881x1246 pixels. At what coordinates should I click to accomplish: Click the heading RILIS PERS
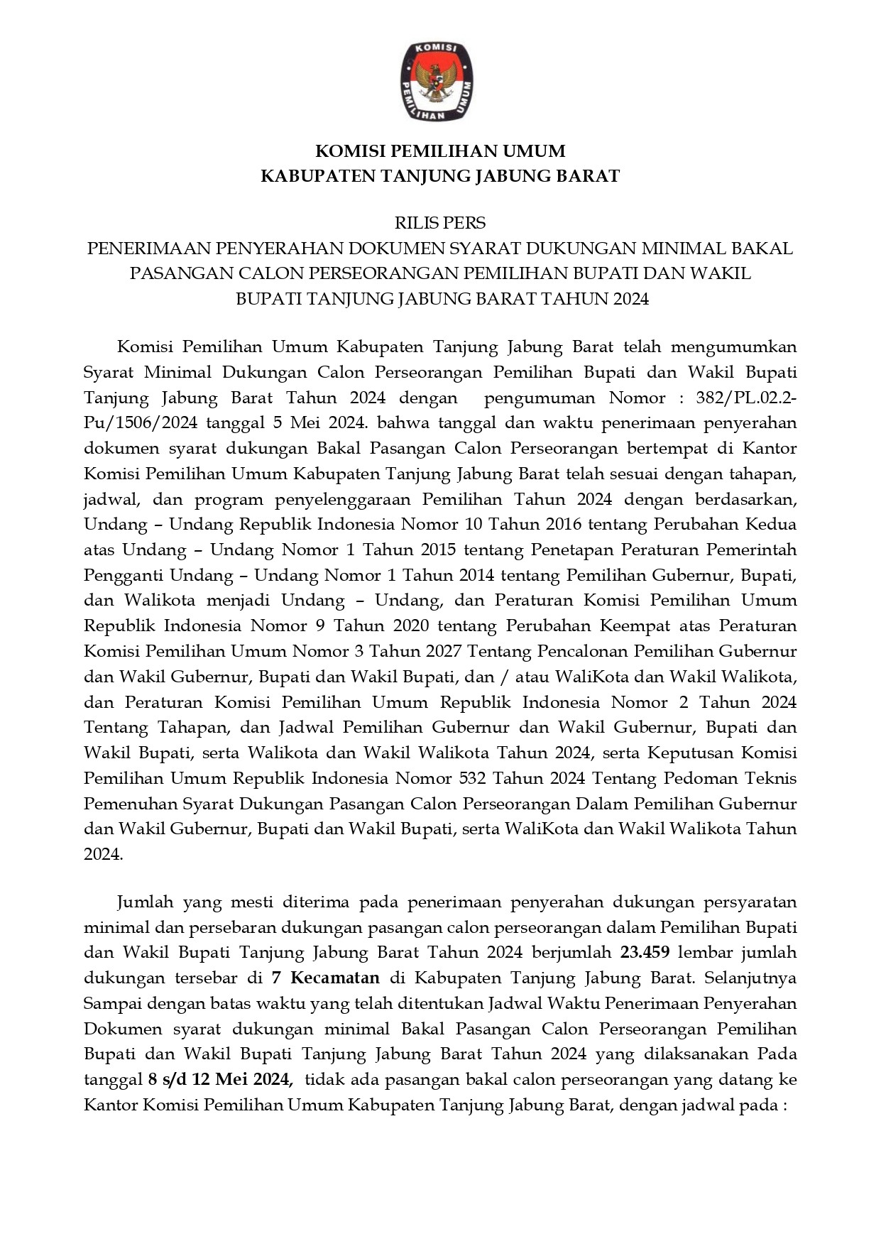440,223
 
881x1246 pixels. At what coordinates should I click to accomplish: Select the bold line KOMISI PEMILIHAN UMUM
440,151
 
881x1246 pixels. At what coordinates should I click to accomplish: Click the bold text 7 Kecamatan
326,978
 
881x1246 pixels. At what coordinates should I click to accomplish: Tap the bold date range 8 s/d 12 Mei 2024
221,1080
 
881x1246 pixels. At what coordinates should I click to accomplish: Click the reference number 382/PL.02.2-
746,398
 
